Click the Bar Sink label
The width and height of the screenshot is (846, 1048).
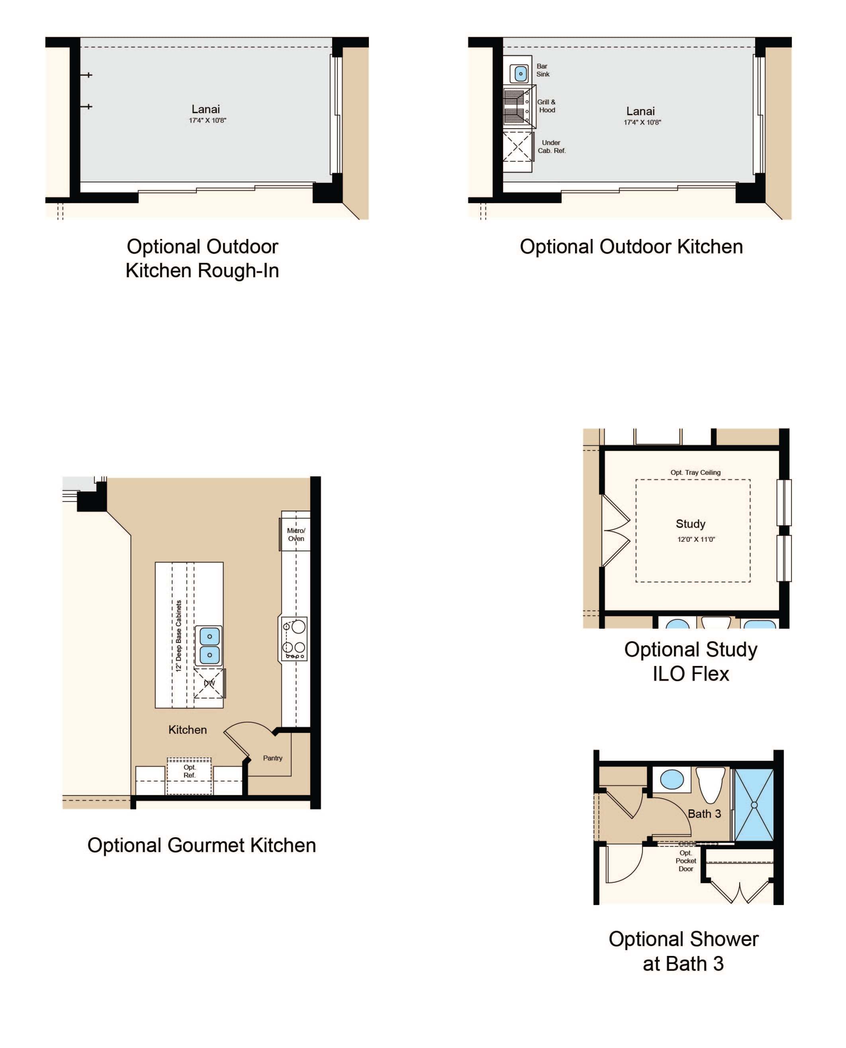(542, 70)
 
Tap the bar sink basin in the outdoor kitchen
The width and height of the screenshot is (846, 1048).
(521, 74)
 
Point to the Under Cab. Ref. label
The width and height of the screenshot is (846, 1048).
(552, 147)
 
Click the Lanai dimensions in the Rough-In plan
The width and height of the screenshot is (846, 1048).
(208, 120)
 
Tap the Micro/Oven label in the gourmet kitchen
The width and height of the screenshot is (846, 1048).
(296, 535)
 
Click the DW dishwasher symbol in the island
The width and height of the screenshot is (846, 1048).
(209, 684)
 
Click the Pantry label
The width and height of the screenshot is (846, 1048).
(272, 758)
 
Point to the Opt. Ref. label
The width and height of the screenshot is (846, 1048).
(190, 771)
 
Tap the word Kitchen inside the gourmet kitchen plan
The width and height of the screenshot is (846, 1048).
(188, 730)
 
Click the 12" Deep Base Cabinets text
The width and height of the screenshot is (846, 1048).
(178, 636)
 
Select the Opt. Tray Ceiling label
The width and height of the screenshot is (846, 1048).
(695, 472)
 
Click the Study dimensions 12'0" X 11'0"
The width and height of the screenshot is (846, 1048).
(696, 539)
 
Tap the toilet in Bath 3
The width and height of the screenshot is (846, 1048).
(711, 784)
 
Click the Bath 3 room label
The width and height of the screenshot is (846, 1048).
(704, 814)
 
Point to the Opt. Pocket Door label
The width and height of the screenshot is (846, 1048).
(685, 861)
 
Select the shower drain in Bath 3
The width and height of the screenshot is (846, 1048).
(754, 805)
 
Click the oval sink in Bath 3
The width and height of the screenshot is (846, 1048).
(672, 780)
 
